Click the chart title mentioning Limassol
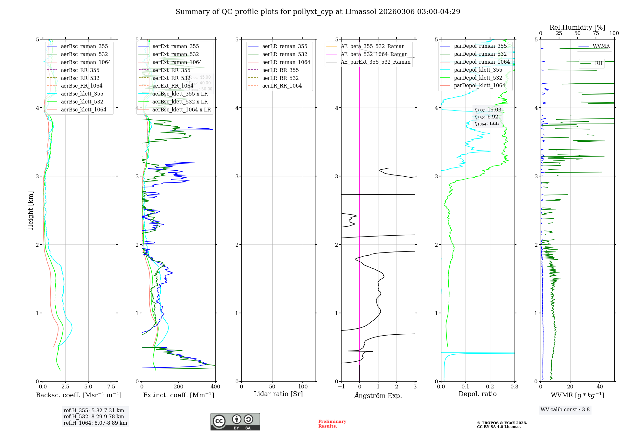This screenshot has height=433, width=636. pyautogui.click(x=318, y=12)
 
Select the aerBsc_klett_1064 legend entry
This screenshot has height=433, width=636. pyautogui.click(x=83, y=110)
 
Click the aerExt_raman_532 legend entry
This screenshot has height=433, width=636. pyautogui.click(x=176, y=54)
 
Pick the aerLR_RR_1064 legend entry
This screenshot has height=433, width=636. pyautogui.click(x=282, y=86)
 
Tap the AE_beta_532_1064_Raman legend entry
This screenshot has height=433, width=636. pyautogui.click(x=374, y=54)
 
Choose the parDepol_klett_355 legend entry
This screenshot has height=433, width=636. pyautogui.click(x=478, y=70)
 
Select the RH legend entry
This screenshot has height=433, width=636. pyautogui.click(x=598, y=63)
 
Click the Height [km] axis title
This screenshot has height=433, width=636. pyautogui.click(x=31, y=210)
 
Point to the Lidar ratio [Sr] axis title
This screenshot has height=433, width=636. pyautogui.click(x=278, y=394)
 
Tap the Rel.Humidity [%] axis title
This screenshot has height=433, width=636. pyautogui.click(x=577, y=27)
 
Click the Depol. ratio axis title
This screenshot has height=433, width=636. pyautogui.click(x=477, y=394)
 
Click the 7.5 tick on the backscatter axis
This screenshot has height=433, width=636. pyautogui.click(x=111, y=387)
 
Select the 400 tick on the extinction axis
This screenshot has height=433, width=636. pyautogui.click(x=215, y=387)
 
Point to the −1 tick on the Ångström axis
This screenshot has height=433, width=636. pyautogui.click(x=341, y=387)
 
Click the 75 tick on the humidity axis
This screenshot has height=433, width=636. pyautogui.click(x=596, y=33)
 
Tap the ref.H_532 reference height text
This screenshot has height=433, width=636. pyautogui.click(x=94, y=416)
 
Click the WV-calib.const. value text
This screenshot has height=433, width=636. pyautogui.click(x=565, y=409)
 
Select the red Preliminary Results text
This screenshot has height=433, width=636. pyautogui.click(x=332, y=423)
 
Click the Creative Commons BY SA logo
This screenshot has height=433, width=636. pyautogui.click(x=235, y=422)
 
